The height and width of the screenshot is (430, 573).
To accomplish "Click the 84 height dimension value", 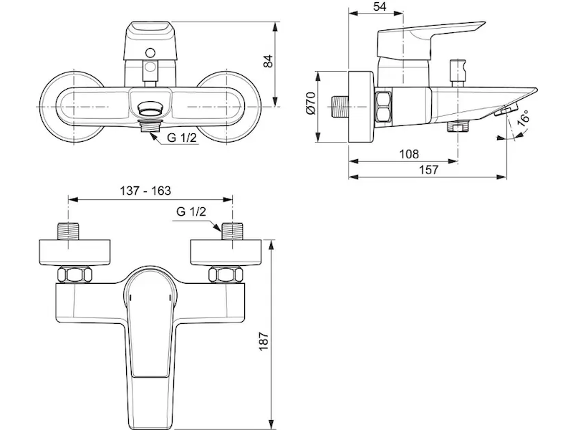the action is [268, 61].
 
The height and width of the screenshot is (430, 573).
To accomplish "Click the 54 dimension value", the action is [380, 6].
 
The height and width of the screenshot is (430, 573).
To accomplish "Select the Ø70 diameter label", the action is [311, 103].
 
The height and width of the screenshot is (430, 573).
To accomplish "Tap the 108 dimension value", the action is [409, 154].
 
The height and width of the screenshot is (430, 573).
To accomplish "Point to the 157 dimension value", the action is [428, 170].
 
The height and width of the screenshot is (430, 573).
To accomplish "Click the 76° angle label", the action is [524, 118].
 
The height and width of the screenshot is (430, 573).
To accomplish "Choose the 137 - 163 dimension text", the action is [145, 191].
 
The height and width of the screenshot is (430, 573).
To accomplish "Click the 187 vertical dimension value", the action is [264, 341].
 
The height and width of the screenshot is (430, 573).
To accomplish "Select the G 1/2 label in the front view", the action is [182, 138].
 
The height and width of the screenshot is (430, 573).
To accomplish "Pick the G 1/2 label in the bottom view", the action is [191, 211].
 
